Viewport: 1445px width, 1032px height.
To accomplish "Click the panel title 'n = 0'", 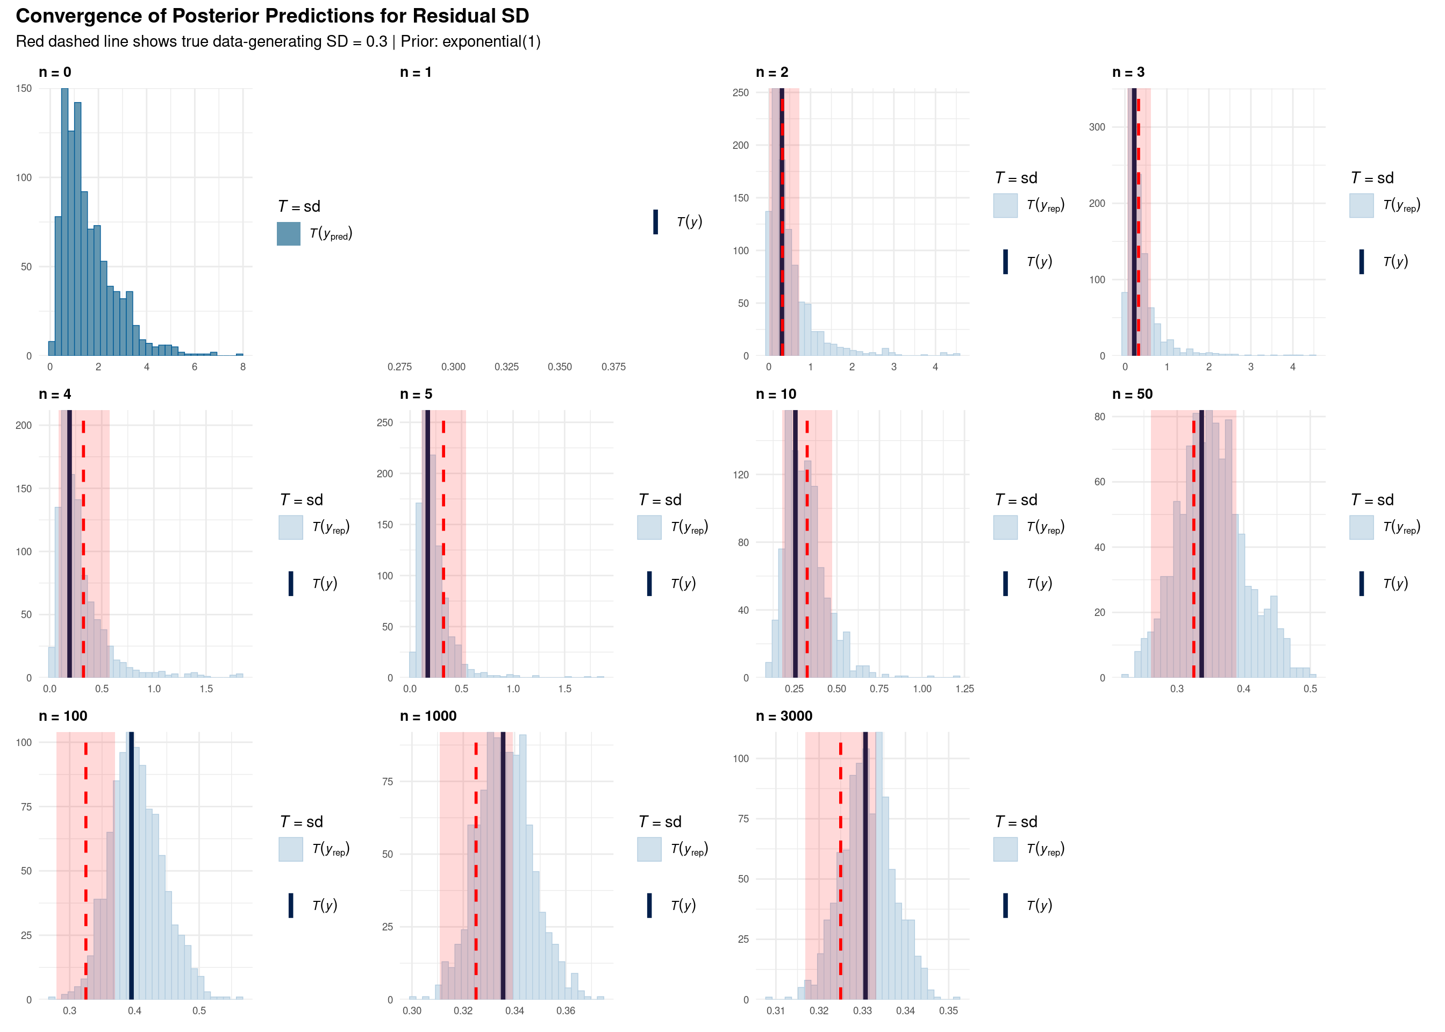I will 55,73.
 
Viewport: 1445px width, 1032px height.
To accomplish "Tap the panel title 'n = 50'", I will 1132,394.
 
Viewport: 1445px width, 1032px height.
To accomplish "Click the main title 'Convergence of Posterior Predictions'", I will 272,16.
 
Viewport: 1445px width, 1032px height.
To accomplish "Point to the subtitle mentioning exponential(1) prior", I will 278,42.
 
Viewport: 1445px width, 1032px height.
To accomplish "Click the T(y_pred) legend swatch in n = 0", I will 289,234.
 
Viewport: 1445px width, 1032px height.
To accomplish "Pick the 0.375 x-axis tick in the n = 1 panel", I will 613,367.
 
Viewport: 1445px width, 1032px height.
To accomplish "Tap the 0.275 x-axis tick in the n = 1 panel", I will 400,367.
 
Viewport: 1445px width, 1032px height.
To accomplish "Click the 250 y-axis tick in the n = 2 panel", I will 740,93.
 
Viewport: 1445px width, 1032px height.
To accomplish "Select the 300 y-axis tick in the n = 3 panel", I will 1097,127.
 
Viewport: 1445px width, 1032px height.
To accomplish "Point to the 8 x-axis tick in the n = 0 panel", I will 243,367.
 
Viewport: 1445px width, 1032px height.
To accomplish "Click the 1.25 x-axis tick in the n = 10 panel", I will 964,689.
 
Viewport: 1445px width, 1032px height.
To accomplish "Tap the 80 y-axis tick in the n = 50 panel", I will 1099,417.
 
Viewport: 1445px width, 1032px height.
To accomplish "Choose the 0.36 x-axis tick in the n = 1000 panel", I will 566,1011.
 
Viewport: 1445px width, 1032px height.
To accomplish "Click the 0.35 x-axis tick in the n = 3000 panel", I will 948,1011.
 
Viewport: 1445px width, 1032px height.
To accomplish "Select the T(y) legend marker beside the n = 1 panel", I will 655,223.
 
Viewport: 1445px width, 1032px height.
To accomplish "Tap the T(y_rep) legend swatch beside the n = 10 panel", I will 1005,527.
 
